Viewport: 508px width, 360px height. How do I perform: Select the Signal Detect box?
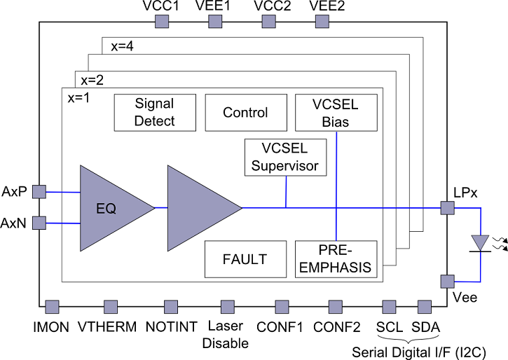tap(155, 112)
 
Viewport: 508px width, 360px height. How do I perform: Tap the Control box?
tap(245, 112)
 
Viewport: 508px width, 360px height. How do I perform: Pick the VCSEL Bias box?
tap(336, 112)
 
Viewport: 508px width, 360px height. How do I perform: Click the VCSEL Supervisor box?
tap(285, 158)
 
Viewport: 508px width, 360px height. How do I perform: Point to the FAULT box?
tap(245, 259)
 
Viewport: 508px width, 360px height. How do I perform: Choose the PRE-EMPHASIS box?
tap(336, 259)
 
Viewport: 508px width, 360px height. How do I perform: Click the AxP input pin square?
tap(40, 191)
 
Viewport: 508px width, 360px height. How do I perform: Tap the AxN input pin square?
tap(40, 223)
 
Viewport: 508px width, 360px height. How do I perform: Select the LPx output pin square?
tap(446, 207)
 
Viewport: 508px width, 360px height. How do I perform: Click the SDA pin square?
tap(423, 307)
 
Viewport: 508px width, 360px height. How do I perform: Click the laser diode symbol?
tap(480, 243)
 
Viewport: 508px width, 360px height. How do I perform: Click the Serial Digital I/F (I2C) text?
tap(419, 351)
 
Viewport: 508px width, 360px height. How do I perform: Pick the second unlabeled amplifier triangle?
tap(200, 208)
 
